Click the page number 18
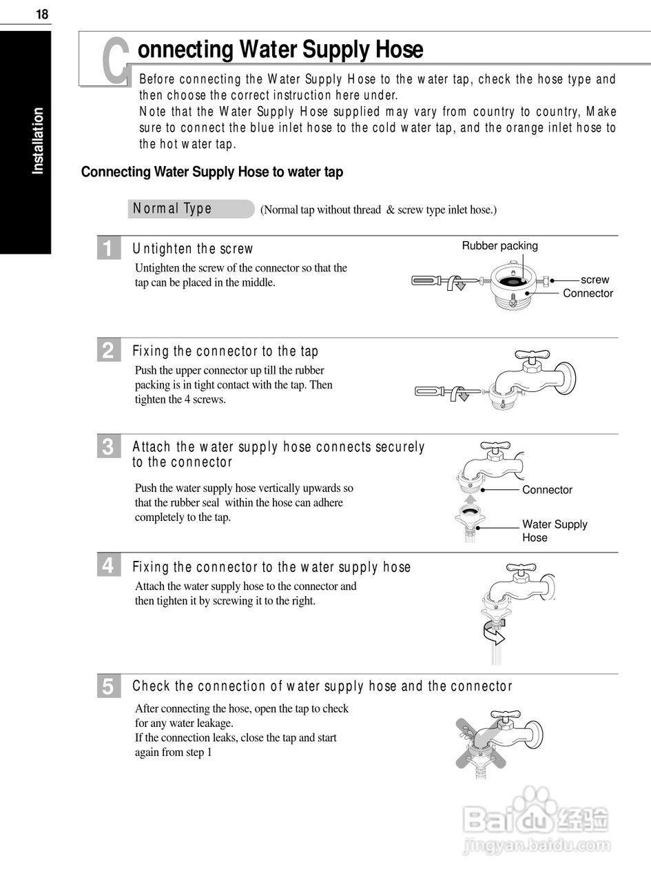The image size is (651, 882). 42,14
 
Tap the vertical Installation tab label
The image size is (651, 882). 38,141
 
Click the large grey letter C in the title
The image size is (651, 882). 116,61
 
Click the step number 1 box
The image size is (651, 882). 107,249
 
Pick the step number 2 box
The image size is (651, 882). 107,351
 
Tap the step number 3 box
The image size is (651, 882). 107,447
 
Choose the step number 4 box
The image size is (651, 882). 107,566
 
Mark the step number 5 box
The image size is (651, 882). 107,686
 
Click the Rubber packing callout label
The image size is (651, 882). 499,246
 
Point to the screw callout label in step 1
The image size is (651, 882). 595,280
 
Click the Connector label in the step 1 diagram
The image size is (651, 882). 588,294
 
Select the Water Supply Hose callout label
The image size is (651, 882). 554,531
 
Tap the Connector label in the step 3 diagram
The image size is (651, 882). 547,490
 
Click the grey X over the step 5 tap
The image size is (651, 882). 486,742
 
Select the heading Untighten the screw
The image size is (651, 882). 193,249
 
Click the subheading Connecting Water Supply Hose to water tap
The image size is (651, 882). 212,172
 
